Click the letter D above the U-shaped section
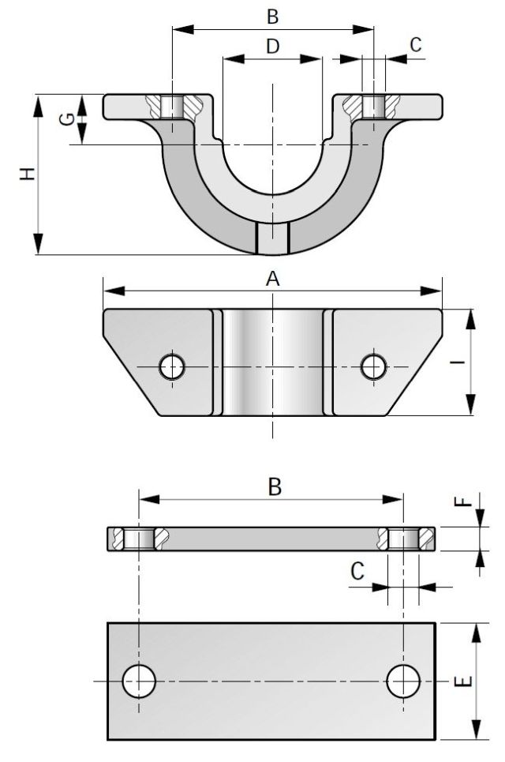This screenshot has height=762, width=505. click(272, 47)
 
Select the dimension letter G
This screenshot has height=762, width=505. click(69, 118)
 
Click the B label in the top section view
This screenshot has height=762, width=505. click(273, 16)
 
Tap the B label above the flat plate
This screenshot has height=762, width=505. click(274, 486)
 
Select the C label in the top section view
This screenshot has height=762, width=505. click(415, 45)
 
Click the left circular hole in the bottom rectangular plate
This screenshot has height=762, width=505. click(139, 681)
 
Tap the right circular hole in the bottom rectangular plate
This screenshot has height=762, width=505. click(403, 681)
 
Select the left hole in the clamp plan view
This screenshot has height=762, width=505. click(171, 366)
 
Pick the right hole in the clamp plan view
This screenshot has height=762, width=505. click(372, 366)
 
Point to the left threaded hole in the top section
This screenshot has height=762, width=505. click(171, 107)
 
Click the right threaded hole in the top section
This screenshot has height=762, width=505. click(373, 107)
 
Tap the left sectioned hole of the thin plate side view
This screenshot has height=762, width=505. click(139, 539)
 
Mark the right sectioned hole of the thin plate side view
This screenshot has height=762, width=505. click(403, 539)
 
